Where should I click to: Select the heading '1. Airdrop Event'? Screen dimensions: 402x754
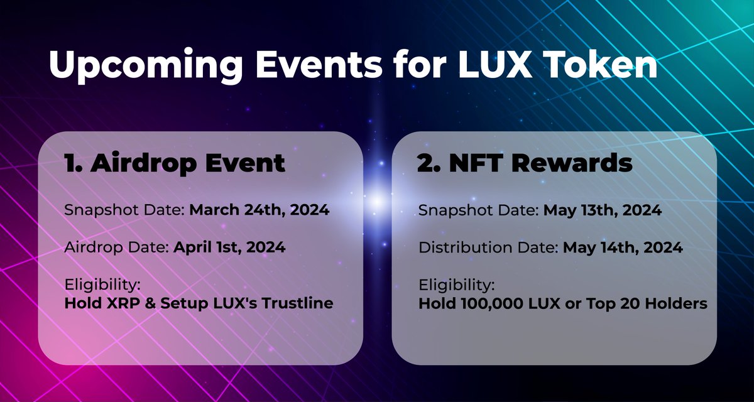pyautogui.click(x=175, y=163)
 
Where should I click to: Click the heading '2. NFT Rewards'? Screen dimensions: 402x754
pyautogui.click(x=525, y=163)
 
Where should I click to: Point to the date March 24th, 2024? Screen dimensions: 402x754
pyautogui.click(x=259, y=210)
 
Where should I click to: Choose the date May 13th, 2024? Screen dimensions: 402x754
pyautogui.click(x=601, y=210)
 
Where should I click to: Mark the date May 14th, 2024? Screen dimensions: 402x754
pyautogui.click(x=623, y=247)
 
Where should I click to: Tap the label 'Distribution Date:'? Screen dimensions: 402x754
pyautogui.click(x=488, y=247)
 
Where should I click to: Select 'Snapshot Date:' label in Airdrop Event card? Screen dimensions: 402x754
pyautogui.click(x=122, y=210)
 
